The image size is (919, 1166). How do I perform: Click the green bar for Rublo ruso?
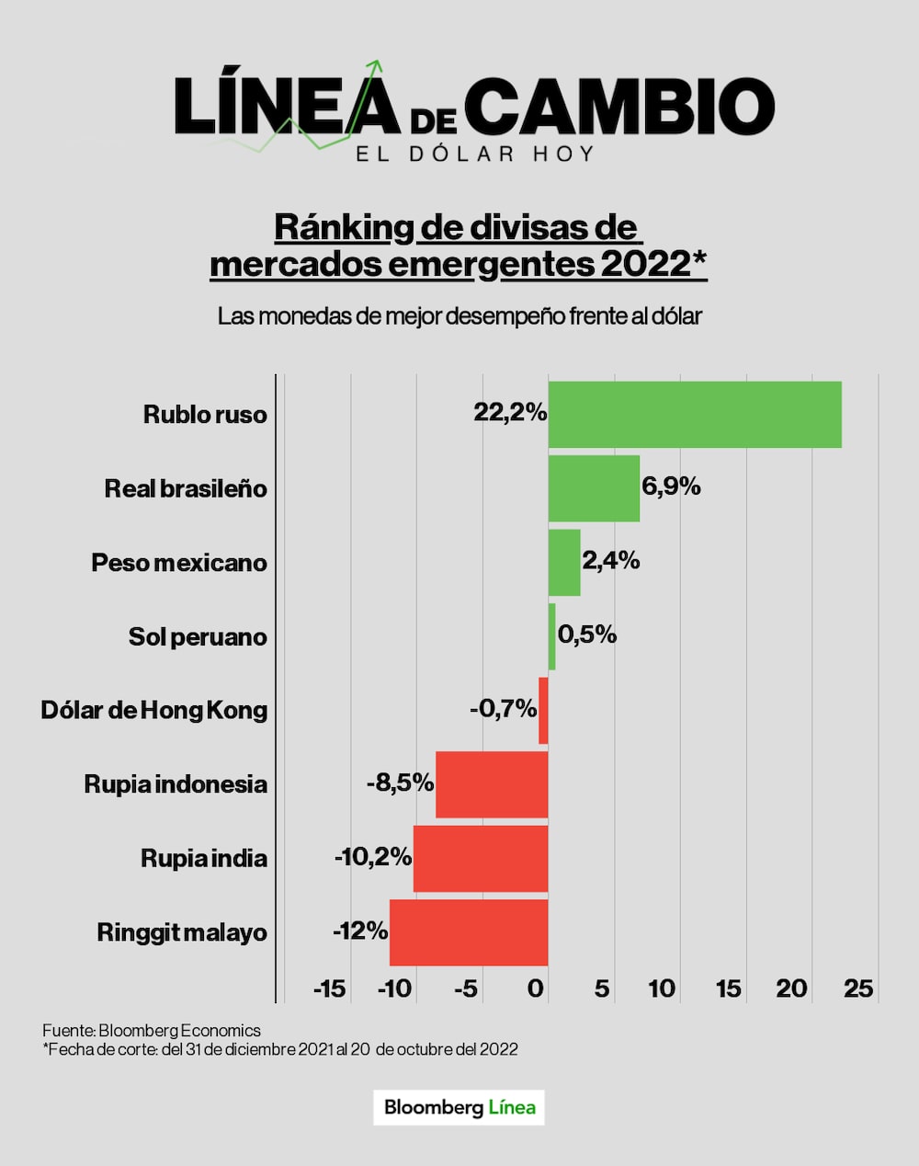[695, 415]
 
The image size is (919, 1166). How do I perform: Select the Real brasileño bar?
[594, 488]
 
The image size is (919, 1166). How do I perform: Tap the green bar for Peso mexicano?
[564, 563]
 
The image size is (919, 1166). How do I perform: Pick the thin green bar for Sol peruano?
[552, 636]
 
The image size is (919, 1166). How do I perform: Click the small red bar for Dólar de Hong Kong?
[543, 711]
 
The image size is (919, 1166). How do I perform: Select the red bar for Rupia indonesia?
[492, 784]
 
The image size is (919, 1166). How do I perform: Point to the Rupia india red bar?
[481, 859]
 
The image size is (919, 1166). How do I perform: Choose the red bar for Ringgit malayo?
[469, 932]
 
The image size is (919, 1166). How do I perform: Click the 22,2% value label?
[510, 413]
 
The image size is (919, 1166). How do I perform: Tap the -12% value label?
[360, 931]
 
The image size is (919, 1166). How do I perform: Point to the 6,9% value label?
[671, 486]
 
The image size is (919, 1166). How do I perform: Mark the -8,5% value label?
[400, 783]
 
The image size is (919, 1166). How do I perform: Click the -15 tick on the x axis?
[329, 989]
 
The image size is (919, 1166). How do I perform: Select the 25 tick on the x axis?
[858, 989]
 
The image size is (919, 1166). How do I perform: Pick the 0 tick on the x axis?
[537, 989]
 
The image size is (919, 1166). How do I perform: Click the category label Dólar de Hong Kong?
[154, 711]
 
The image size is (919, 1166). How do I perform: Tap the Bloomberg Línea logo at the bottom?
[459, 1107]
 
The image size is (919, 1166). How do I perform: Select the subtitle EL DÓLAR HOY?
[475, 154]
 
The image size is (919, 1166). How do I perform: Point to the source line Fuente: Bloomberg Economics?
[152, 1031]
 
